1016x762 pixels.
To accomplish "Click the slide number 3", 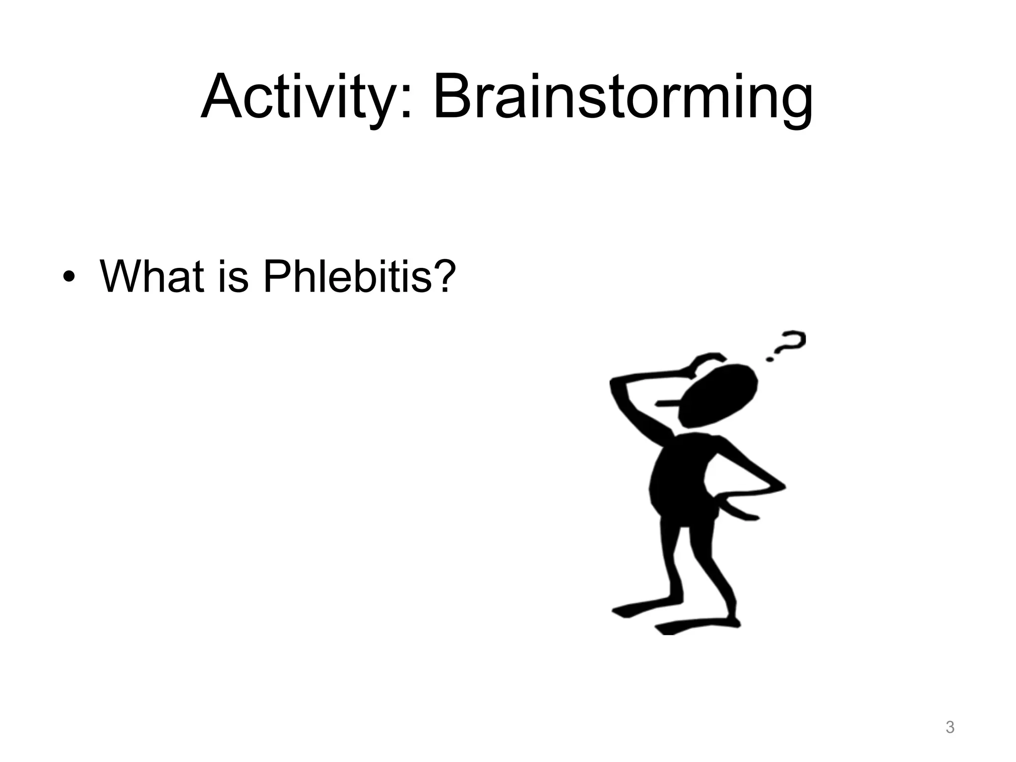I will [950, 728].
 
